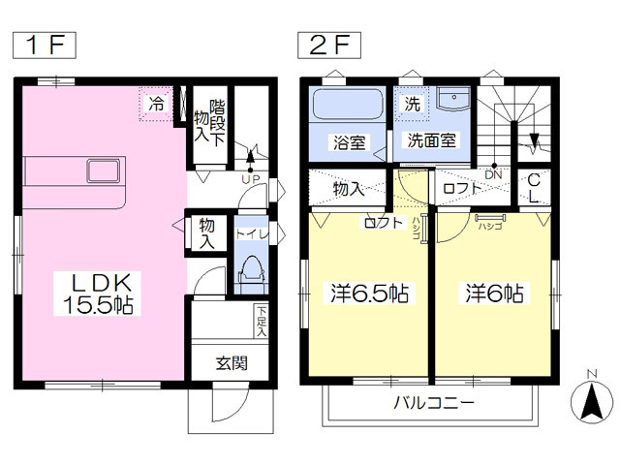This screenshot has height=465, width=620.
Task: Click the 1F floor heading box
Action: pyautogui.click(x=43, y=45)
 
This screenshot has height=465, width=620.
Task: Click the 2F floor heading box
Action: pyautogui.click(x=329, y=45)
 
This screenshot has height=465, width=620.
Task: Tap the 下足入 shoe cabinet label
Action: pyautogui.click(x=262, y=320)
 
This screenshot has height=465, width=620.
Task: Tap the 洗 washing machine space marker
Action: pyautogui.click(x=411, y=103)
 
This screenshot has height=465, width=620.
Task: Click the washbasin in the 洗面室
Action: pyautogui.click(x=451, y=101)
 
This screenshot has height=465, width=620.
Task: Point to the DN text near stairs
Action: pyautogui.click(x=493, y=175)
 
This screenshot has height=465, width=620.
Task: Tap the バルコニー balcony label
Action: pyautogui.click(x=434, y=404)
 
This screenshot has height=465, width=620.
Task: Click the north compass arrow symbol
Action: pyautogui.click(x=588, y=399)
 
